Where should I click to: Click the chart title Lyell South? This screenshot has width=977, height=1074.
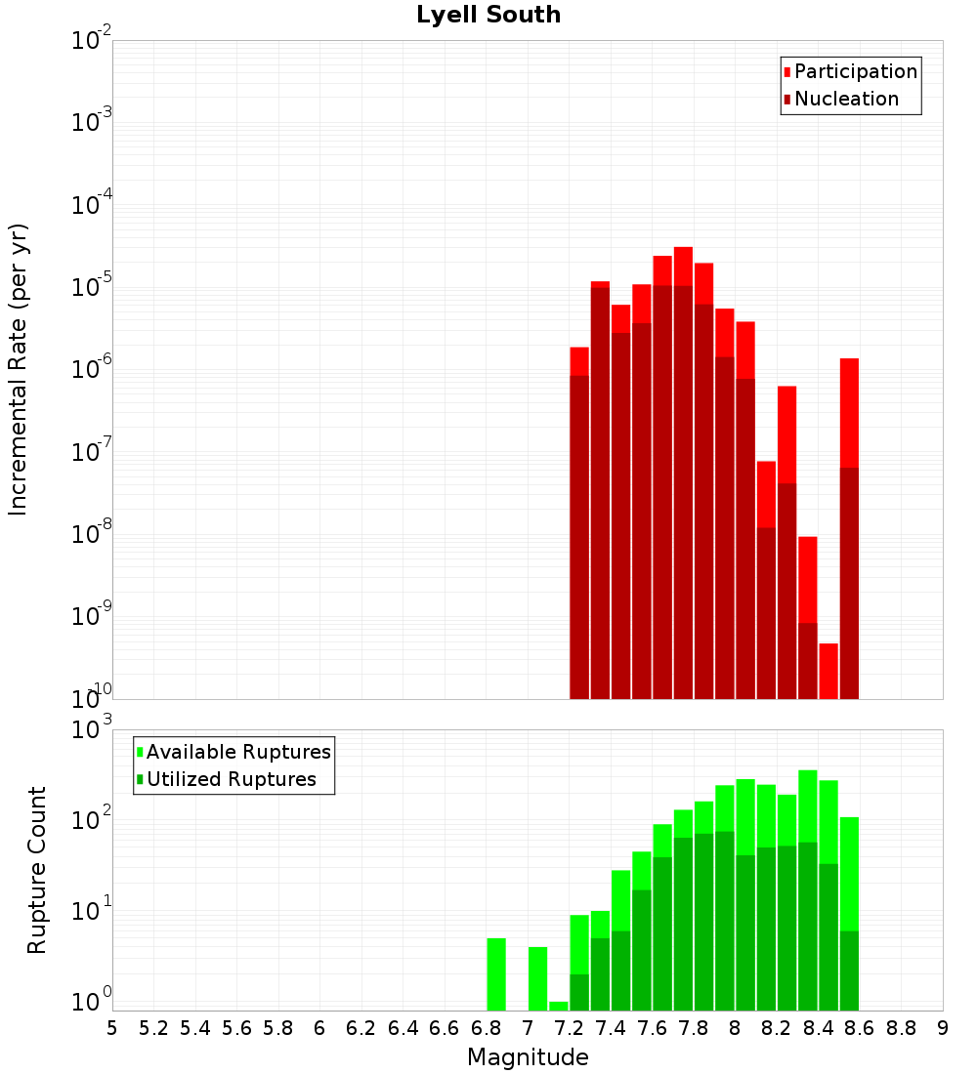tap(488, 16)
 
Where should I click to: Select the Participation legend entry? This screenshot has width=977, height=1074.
tap(856, 71)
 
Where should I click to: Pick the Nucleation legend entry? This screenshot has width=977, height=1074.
tap(846, 99)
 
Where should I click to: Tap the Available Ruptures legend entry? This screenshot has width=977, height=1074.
tap(238, 752)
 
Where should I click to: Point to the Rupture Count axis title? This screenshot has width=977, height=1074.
tap(37, 870)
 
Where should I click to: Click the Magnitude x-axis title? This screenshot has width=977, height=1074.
tap(528, 1057)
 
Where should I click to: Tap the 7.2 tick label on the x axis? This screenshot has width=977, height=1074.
tap(569, 1028)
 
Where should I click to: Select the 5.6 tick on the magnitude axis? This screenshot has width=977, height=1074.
tap(236, 1028)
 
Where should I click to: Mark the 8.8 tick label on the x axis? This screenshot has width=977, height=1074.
tap(901, 1028)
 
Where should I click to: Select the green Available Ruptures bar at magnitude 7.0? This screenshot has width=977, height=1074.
tap(537, 978)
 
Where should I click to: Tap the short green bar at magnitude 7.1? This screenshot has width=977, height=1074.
tap(558, 1006)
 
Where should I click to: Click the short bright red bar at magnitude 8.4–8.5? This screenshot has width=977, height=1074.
tap(828, 671)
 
